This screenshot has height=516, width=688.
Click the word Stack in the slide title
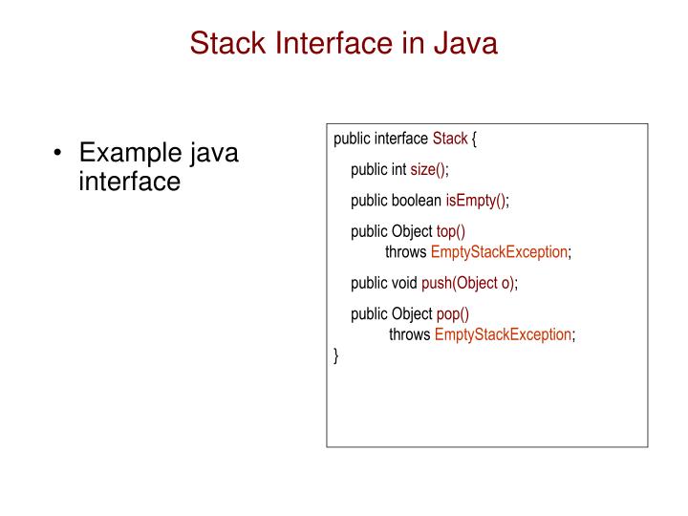click(226, 42)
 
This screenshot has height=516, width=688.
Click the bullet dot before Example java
click(58, 154)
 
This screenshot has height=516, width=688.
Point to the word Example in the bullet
click(129, 152)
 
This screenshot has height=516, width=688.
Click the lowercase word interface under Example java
click(129, 181)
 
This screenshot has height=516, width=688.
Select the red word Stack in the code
click(450, 139)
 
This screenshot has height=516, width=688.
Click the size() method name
click(428, 170)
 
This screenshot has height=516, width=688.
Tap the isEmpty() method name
click(476, 201)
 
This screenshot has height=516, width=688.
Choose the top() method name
click(451, 232)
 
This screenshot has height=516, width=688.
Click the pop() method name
click(453, 314)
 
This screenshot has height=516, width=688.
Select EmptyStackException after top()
click(499, 252)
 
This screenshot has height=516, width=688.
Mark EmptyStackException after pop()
click(503, 334)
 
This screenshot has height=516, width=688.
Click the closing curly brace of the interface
click(336, 355)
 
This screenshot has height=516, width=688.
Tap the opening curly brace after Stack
click(474, 139)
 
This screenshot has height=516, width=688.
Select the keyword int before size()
click(398, 170)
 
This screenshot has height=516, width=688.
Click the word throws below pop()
click(410, 334)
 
